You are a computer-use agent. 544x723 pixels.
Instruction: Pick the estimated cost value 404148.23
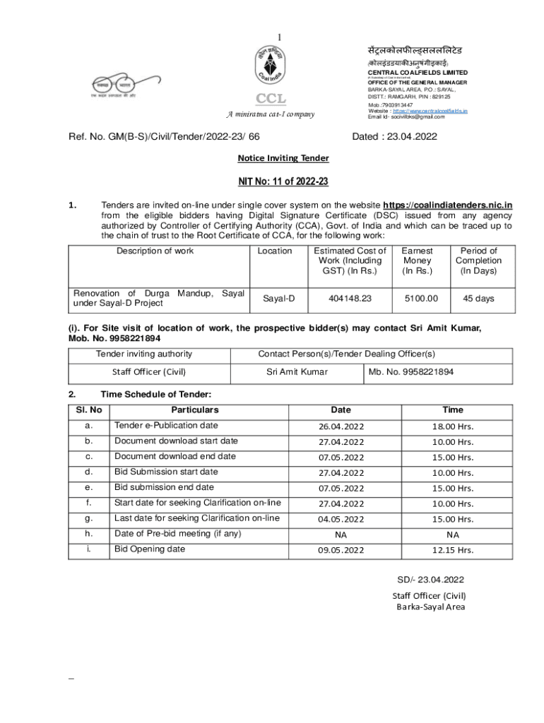[350, 299]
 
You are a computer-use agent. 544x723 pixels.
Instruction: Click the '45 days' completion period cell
[478, 299]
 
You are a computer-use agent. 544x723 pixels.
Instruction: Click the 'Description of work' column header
[155, 251]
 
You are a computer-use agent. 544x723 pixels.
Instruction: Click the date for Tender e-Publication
[341, 426]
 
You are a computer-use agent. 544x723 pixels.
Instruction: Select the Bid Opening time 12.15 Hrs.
[453, 551]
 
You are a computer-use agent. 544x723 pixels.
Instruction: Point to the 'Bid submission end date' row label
[164, 487]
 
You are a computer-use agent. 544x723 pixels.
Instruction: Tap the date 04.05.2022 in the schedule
[341, 520]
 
